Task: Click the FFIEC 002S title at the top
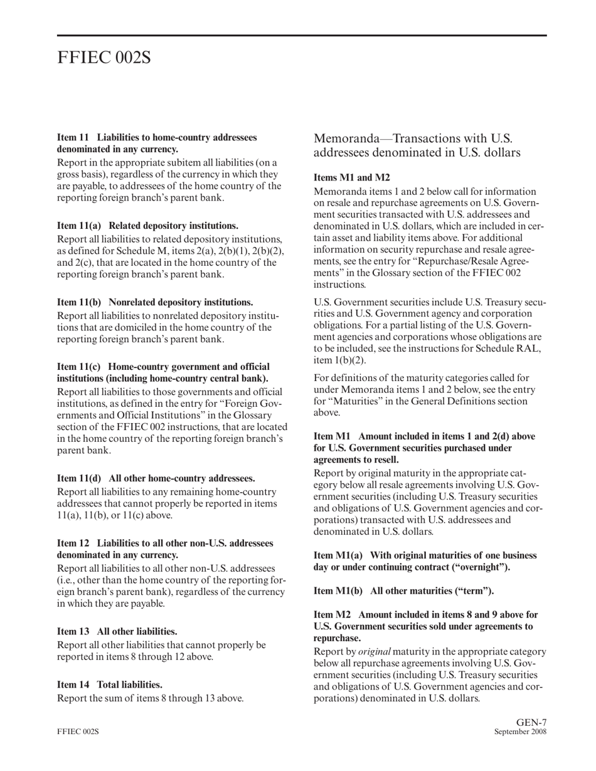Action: pyautogui.click(x=104, y=58)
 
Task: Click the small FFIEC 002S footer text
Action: pyautogui.click(x=78, y=732)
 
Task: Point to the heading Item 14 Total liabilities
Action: pyautogui.click(x=110, y=684)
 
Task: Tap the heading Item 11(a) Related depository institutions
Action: pyautogui.click(x=147, y=226)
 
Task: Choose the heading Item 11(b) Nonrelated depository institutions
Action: pyautogui.click(x=155, y=302)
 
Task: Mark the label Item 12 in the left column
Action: pyautogui.click(x=73, y=543)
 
